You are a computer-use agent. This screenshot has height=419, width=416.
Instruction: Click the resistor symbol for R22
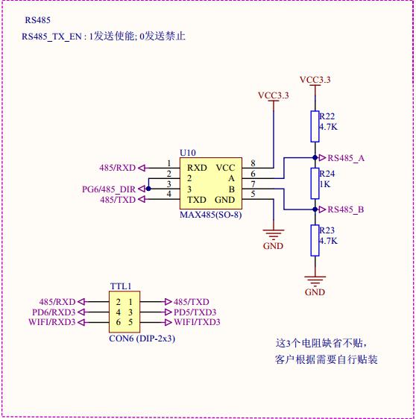tap(315, 127)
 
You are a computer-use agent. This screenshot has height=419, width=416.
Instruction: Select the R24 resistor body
tap(315, 183)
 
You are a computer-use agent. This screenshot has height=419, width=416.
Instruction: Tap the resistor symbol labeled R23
tap(315, 241)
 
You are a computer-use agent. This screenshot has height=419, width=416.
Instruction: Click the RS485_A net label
tap(346, 158)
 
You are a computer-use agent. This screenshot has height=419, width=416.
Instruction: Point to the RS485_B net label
tap(346, 209)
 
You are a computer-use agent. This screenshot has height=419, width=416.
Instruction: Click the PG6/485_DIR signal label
tap(109, 189)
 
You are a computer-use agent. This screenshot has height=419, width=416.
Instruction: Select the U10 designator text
tap(188, 153)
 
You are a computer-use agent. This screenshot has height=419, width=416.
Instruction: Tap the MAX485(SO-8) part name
tap(211, 215)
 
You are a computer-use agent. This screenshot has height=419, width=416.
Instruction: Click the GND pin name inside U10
tap(224, 200)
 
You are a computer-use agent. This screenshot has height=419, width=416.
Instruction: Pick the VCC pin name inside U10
tap(225, 168)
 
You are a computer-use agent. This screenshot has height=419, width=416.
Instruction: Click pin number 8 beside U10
tap(253, 163)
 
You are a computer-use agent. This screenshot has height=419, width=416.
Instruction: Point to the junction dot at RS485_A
tap(315, 157)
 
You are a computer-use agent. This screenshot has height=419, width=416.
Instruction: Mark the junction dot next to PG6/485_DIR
tap(148, 189)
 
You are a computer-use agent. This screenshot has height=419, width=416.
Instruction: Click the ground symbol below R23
tap(315, 281)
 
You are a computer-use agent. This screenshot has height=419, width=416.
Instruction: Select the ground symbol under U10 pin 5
tap(274, 234)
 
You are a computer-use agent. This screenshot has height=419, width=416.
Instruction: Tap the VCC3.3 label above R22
tap(315, 80)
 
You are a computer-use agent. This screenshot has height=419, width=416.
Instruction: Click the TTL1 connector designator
tap(121, 286)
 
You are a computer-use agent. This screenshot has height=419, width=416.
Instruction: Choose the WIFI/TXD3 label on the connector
tap(197, 322)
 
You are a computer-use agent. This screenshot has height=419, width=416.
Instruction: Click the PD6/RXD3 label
tap(54, 312)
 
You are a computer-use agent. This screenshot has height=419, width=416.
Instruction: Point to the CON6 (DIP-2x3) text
tap(142, 338)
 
